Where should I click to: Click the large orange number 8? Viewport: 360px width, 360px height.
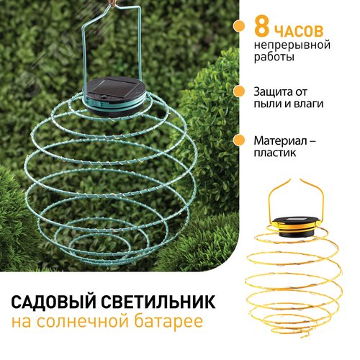click(261, 28)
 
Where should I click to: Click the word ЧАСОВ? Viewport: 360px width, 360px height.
click(298, 30)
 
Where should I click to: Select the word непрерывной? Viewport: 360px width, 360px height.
click(292, 45)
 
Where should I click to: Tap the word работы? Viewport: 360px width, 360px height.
click(274, 57)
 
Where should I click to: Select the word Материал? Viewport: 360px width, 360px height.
click(280, 140)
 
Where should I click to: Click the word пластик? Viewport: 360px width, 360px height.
click(275, 153)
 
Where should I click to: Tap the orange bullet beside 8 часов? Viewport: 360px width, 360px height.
click(239, 26)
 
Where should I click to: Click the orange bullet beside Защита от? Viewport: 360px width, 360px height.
click(239, 91)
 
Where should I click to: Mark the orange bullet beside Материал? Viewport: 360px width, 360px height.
click(239, 140)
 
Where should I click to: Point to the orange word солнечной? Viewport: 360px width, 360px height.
click(83, 322)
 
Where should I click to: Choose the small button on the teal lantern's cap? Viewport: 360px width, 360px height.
click(104, 96)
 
